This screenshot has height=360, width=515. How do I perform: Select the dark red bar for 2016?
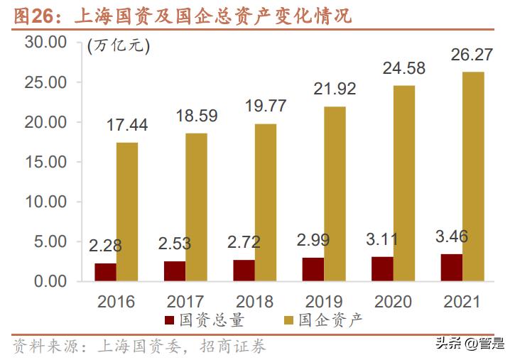pyautogui.click(x=105, y=272)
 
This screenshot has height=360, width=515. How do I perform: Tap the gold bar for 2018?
pyautogui.click(x=266, y=202)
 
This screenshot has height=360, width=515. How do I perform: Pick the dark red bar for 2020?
pyautogui.click(x=382, y=268)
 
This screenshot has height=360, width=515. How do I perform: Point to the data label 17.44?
pyautogui.click(x=127, y=125)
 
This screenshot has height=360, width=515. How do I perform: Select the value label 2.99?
pyautogui.click(x=313, y=240)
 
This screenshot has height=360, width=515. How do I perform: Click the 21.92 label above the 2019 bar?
pyautogui.click(x=335, y=89)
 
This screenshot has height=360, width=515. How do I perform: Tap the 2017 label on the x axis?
pyautogui.click(x=185, y=301)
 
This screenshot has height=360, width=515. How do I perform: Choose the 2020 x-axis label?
pyautogui.click(x=393, y=301)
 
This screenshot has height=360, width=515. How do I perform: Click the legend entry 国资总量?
pyautogui.click(x=212, y=320)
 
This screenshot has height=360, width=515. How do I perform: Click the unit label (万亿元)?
pyautogui.click(x=118, y=47)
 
